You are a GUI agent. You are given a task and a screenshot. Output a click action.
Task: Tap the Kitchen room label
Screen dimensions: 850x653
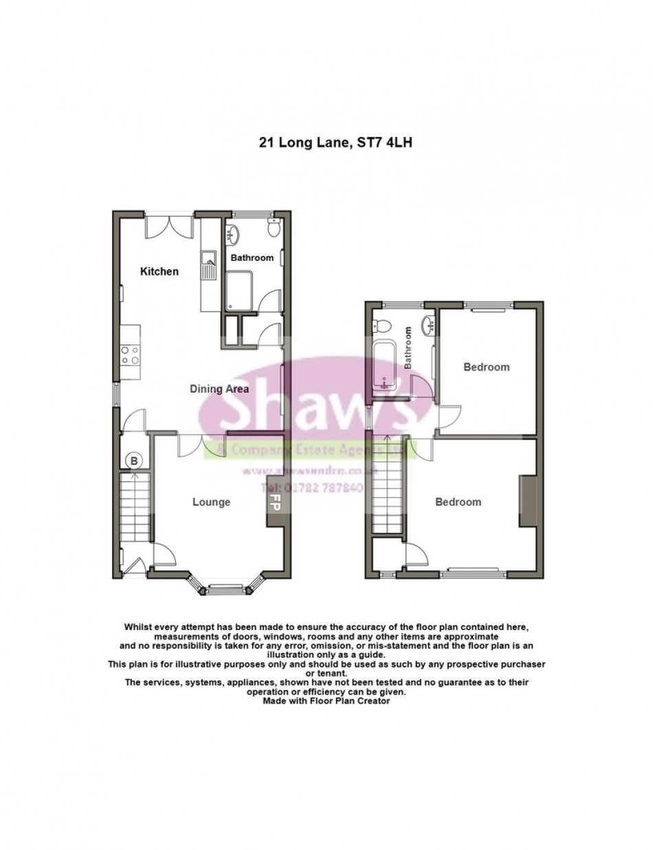tap(159, 272)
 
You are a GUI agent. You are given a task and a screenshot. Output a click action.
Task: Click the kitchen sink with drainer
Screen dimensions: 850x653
tap(208, 265)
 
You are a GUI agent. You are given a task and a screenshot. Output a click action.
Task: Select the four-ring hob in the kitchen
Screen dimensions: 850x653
tap(131, 354)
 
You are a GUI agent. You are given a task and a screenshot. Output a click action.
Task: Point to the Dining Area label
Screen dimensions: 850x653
tap(219, 389)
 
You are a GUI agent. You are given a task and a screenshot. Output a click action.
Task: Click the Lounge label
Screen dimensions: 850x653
tap(211, 502)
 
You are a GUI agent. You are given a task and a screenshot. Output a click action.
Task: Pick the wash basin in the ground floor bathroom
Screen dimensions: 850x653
tap(230, 235)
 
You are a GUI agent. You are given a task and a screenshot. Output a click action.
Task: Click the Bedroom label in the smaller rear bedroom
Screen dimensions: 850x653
tap(487, 367)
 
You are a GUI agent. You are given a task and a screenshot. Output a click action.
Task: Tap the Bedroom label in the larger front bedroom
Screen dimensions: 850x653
tap(458, 502)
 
